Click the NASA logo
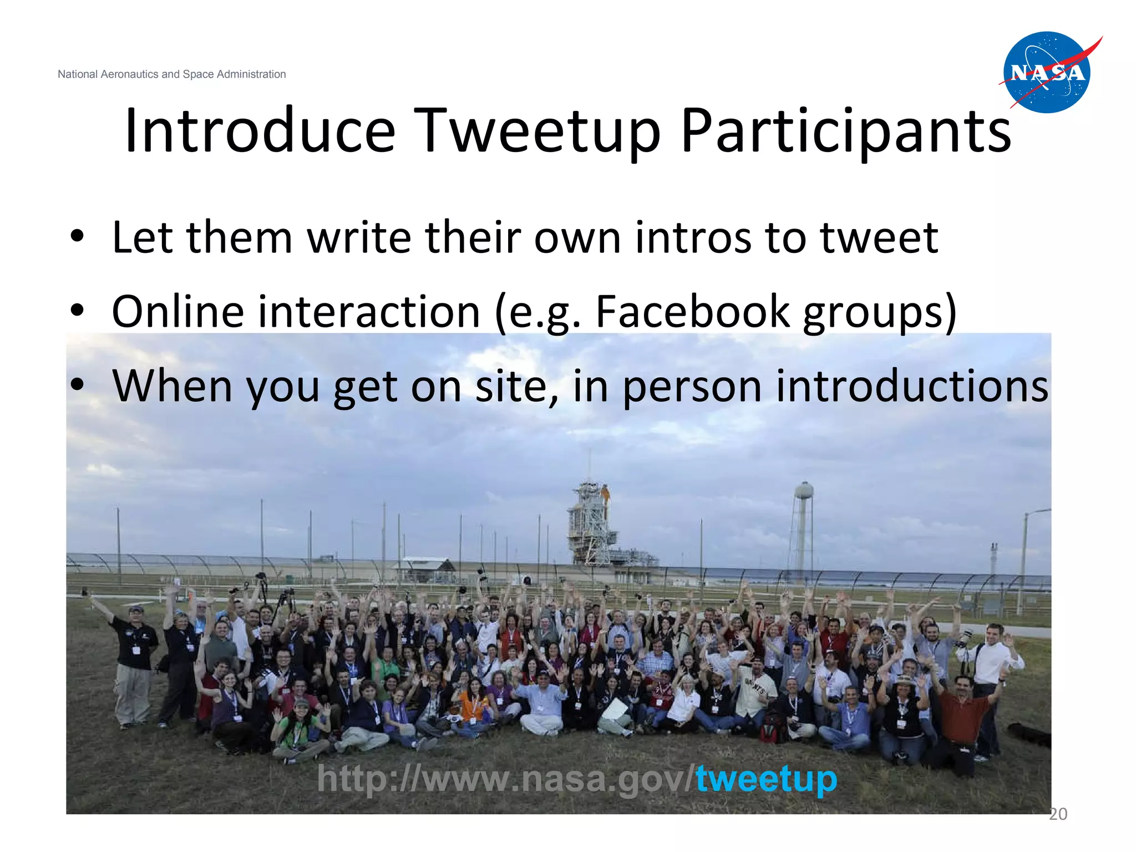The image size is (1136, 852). pyautogui.click(x=1046, y=73)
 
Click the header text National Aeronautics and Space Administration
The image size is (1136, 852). pyautogui.click(x=171, y=74)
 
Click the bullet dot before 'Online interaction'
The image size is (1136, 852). pyautogui.click(x=77, y=311)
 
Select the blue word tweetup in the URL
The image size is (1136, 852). pyautogui.click(x=766, y=779)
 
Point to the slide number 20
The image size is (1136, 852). pyautogui.click(x=1058, y=814)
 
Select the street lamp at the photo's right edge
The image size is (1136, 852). pyautogui.click(x=1025, y=560)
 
